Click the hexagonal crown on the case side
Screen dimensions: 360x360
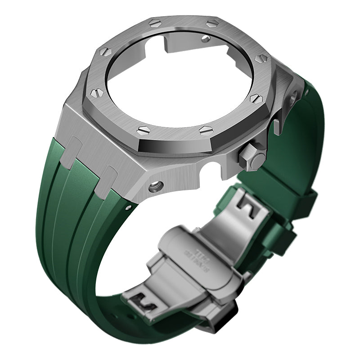pos(252,157)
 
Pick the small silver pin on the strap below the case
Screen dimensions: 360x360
pos(130,207)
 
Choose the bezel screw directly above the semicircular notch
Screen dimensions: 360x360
pos(206,130)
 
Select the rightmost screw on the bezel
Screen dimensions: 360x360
pos(261,58)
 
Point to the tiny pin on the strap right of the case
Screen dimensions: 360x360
pos(306,92)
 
